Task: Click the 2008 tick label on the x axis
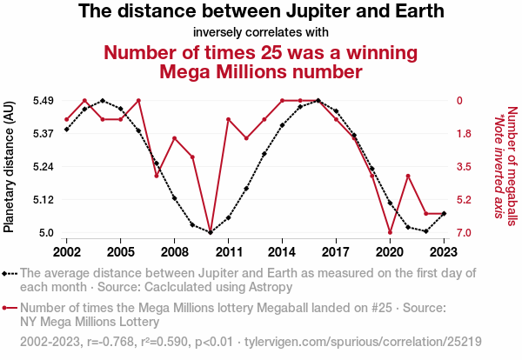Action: click(174, 251)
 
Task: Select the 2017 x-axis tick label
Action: click(336, 251)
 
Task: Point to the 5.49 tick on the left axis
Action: click(43, 101)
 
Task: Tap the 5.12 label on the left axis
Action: click(43, 200)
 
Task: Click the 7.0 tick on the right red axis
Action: click(465, 233)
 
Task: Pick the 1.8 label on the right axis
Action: click(465, 134)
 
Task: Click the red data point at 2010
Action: click(211, 232)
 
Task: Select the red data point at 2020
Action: click(390, 232)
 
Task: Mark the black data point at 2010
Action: click(211, 232)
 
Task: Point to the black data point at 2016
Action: click(318, 101)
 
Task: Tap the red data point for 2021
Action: click(408, 176)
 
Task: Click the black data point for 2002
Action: click(67, 130)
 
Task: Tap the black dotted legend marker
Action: click(10, 273)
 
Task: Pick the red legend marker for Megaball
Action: click(10, 308)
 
